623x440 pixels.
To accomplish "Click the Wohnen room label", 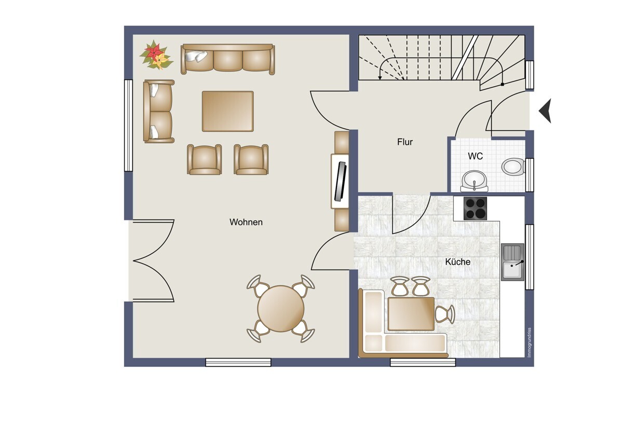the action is pyautogui.click(x=246, y=222).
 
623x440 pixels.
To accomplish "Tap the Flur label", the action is pyautogui.click(x=404, y=142).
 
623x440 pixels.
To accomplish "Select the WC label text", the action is pyautogui.click(x=476, y=156).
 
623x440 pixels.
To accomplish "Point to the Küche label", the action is pyautogui.click(x=457, y=262).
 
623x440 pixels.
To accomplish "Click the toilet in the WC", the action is pyautogui.click(x=513, y=167).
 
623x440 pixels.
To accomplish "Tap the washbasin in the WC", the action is pyautogui.click(x=474, y=181).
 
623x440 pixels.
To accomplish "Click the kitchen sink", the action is pyautogui.click(x=512, y=262).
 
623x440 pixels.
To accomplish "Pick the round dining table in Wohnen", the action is pyautogui.click(x=281, y=309).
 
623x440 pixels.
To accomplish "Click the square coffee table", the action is pyautogui.click(x=228, y=111).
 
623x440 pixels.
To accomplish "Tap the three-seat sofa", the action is pyautogui.click(x=228, y=59).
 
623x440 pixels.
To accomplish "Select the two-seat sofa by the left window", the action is pyautogui.click(x=159, y=111).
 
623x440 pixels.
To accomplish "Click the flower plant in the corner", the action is pyautogui.click(x=156, y=56).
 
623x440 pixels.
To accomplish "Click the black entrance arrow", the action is pyautogui.click(x=545, y=111).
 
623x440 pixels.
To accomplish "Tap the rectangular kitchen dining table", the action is pyautogui.click(x=411, y=314).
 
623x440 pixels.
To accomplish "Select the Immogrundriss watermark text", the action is pyautogui.click(x=529, y=342).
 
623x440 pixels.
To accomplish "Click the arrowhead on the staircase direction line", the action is pyautogui.click(x=380, y=78).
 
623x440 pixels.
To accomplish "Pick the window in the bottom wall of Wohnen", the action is pyautogui.click(x=238, y=362).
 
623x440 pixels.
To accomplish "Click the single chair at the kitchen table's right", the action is pyautogui.click(x=445, y=314).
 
